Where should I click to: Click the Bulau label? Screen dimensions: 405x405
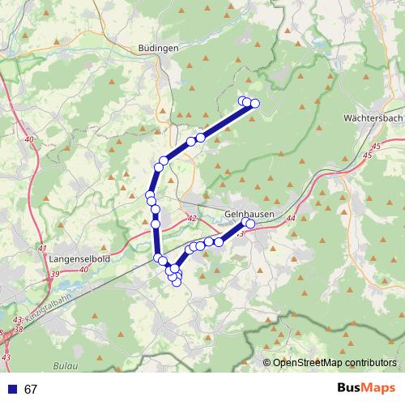point(66,367)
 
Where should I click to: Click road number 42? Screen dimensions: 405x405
point(191,219)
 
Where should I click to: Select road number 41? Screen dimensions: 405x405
point(42,248)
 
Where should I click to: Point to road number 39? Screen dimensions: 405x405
point(55,275)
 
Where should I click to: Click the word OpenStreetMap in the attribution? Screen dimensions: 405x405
point(308,363)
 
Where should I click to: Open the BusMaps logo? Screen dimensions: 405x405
point(365,389)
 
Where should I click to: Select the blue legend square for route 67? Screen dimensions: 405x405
point(12,390)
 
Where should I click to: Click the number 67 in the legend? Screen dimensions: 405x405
point(32,390)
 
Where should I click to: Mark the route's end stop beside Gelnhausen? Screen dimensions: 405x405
point(249,224)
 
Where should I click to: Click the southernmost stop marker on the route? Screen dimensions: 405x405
point(177,282)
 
